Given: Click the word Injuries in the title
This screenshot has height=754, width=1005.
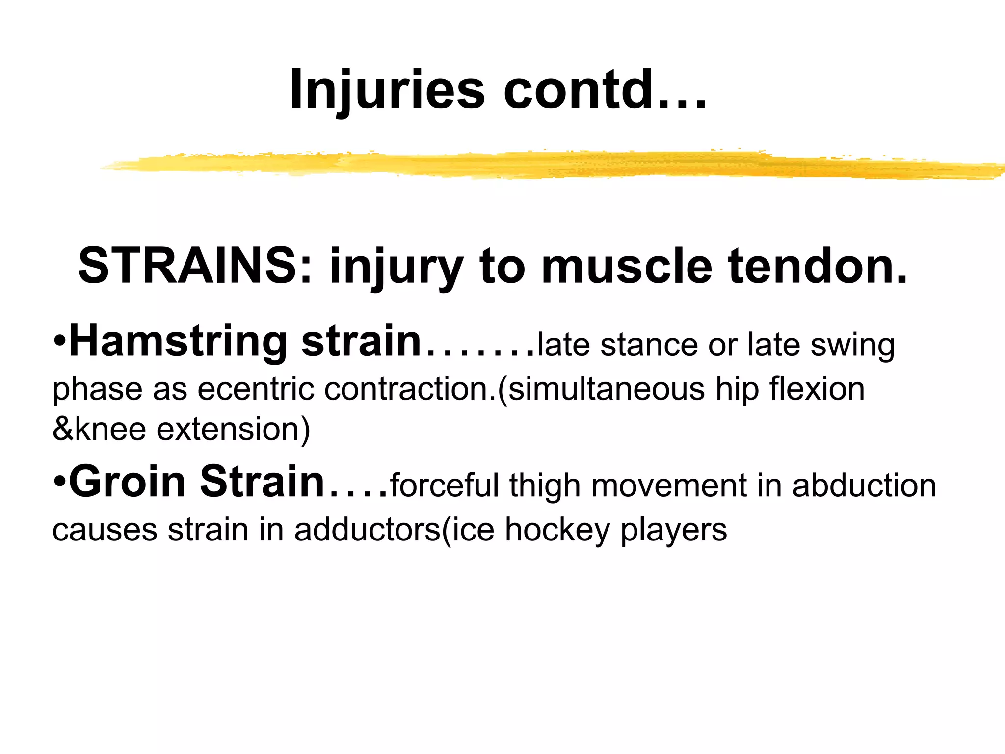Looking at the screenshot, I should (x=387, y=90).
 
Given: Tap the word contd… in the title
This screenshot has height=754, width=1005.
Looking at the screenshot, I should (x=605, y=90).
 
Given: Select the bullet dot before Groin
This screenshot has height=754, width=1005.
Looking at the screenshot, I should (x=59, y=481).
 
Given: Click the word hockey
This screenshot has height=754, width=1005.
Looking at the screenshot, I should (x=557, y=531).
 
